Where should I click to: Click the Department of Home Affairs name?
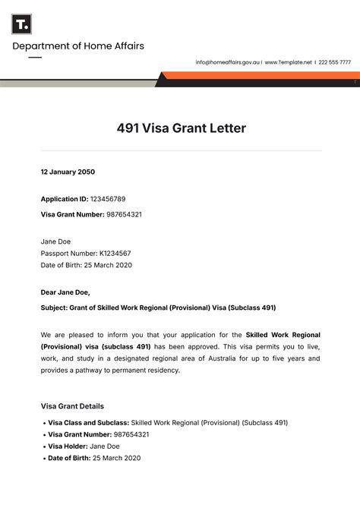click(x=77, y=46)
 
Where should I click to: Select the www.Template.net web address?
click(x=288, y=62)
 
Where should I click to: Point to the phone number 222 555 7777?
click(x=334, y=62)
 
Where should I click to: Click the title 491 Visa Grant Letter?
click(x=181, y=128)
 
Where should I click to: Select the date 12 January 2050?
click(x=68, y=172)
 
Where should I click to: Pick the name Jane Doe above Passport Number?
click(x=56, y=241)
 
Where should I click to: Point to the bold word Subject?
click(x=55, y=308)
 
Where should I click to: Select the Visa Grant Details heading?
click(x=72, y=406)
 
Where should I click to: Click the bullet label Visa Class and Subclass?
click(x=88, y=422)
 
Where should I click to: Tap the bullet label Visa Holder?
click(x=68, y=446)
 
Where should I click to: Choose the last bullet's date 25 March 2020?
click(x=116, y=458)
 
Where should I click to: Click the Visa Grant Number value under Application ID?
click(x=124, y=214)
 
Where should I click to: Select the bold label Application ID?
click(x=64, y=199)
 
